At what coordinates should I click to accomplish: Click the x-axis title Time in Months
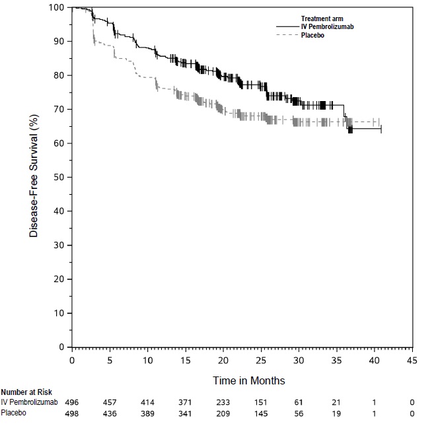[248, 381]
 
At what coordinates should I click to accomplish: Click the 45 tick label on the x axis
[412, 361]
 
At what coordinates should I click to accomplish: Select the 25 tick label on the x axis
[261, 361]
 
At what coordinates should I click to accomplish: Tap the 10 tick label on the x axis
[147, 361]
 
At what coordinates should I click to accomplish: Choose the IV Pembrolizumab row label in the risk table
[29, 402]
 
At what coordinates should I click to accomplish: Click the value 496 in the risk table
[72, 402]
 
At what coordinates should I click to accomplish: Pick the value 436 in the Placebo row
[110, 413]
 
